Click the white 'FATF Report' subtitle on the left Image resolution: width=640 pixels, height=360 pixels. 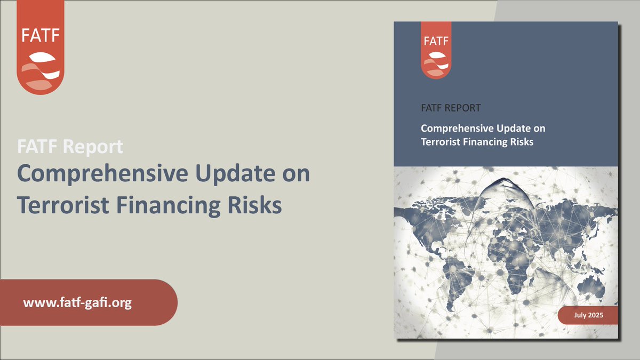70,147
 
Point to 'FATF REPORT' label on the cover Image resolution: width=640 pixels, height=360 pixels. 451,108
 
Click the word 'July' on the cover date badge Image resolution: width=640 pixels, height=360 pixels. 580,316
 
